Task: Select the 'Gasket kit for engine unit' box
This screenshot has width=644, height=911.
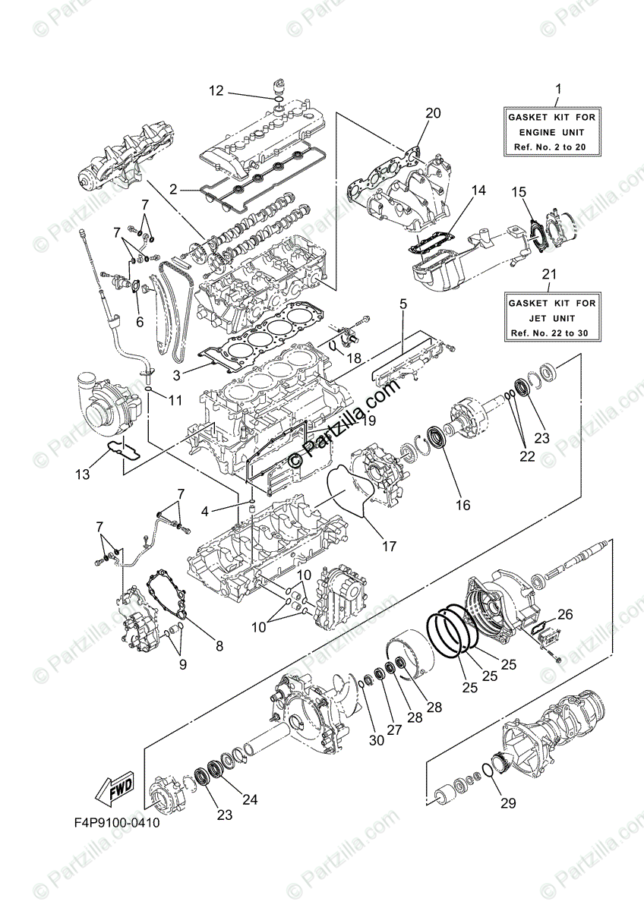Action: (551, 131)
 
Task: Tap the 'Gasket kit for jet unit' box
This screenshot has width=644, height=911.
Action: (551, 317)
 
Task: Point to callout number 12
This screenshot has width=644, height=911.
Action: (216, 91)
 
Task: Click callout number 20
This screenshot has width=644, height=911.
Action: (433, 114)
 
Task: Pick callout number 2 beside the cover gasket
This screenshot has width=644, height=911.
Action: (173, 189)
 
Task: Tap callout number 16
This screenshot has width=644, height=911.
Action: (462, 505)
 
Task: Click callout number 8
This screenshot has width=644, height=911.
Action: (219, 647)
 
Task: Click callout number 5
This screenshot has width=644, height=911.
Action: (402, 304)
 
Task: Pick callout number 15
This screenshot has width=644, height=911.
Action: (517, 192)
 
